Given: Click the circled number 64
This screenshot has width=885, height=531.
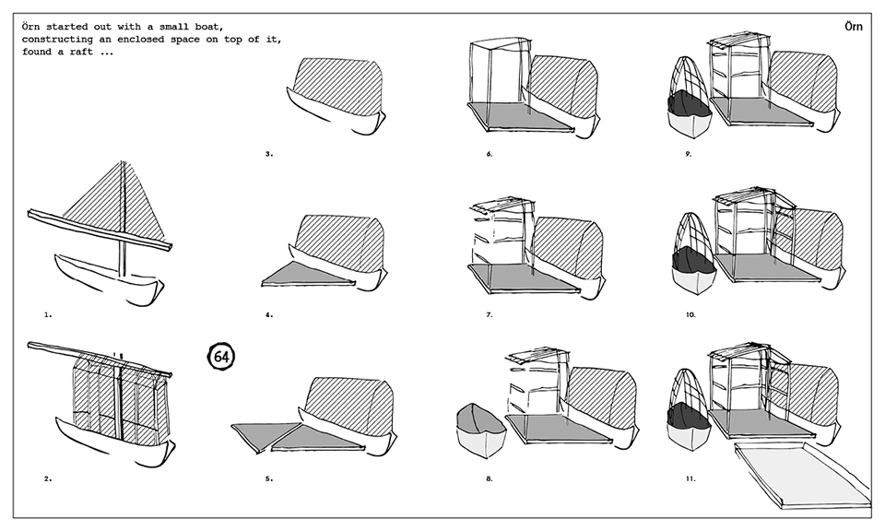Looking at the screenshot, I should tap(221, 356).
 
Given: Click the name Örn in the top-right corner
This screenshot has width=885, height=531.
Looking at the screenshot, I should tap(855, 27).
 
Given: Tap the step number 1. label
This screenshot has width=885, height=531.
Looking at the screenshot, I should tap(48, 314).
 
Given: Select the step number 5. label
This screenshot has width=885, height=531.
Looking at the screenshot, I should tap(269, 478).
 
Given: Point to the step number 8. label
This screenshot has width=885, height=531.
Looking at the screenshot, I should tap(490, 478).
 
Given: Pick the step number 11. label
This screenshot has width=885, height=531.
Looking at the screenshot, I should tap(690, 478).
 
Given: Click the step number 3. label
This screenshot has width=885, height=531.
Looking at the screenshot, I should tap(269, 154).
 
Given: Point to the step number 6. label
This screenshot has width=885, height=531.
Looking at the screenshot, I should tap(490, 154).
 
